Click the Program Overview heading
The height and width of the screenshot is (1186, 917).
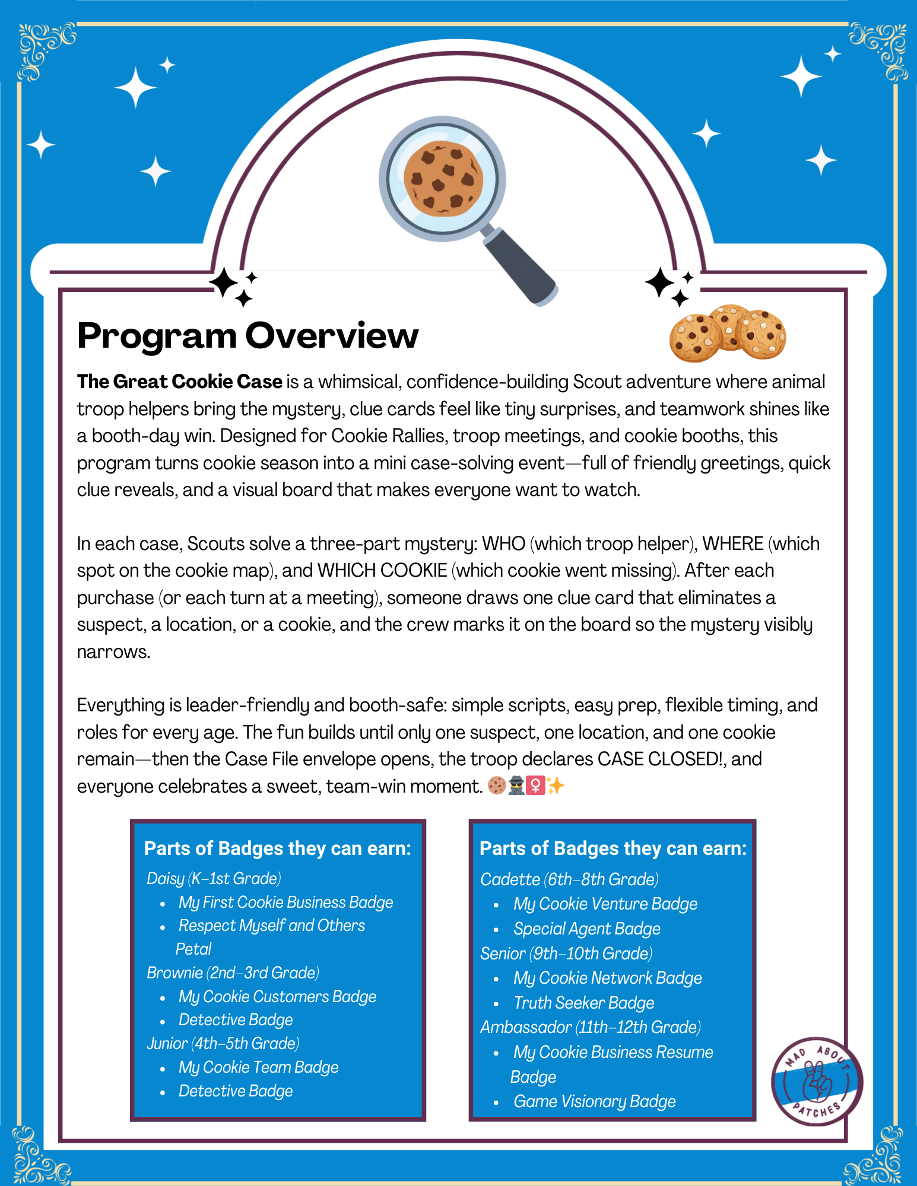(x=248, y=336)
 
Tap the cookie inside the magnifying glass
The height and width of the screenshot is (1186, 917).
(x=443, y=179)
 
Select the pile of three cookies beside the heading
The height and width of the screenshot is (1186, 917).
(x=727, y=334)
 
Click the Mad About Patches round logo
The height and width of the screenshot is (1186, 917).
(x=817, y=1082)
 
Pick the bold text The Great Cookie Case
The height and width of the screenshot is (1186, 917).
(x=179, y=382)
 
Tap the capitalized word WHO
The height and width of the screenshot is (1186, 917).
(x=503, y=544)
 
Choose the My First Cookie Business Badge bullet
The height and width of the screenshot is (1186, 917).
(x=285, y=902)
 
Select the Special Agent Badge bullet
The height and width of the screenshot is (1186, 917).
(x=586, y=929)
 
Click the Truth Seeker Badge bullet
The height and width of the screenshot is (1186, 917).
(x=583, y=1003)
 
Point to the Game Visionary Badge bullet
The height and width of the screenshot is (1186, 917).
(x=594, y=1102)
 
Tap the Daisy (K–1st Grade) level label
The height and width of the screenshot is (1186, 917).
(x=214, y=879)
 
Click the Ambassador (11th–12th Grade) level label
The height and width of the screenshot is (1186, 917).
(x=591, y=1028)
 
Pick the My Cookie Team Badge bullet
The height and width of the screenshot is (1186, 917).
(x=258, y=1067)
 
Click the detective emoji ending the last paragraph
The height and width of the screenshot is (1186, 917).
(x=516, y=786)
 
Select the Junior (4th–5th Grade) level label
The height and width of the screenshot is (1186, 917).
(x=223, y=1044)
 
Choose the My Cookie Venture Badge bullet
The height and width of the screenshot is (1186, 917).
(x=605, y=904)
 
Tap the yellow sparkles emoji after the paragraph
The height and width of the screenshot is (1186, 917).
(x=556, y=786)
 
